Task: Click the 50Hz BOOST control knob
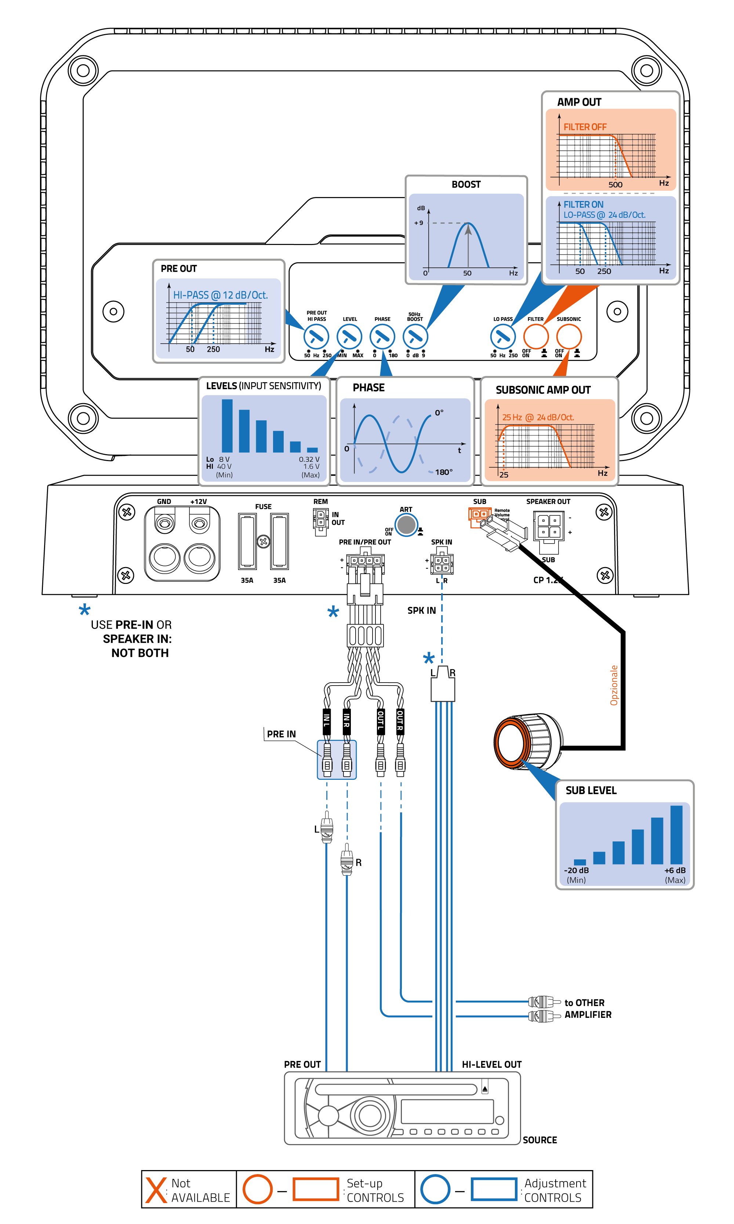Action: pos(415,337)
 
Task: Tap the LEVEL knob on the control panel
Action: pos(349,337)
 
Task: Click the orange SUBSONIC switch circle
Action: pos(569,337)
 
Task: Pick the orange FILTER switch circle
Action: pos(536,337)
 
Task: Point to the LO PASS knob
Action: pos(502,337)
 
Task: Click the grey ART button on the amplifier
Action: pos(406,525)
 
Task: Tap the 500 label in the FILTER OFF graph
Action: pos(615,184)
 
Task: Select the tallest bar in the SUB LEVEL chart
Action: pos(676,834)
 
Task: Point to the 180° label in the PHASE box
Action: pos(444,472)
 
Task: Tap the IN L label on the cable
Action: pos(326,720)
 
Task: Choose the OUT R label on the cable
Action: pos(400,720)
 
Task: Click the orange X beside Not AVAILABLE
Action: pos(156,1190)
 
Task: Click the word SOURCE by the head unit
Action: pos(539,1140)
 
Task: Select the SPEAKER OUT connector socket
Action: pos(549,526)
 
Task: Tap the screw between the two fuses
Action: pos(264,541)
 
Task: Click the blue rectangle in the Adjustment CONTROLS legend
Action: pos(494,1190)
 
